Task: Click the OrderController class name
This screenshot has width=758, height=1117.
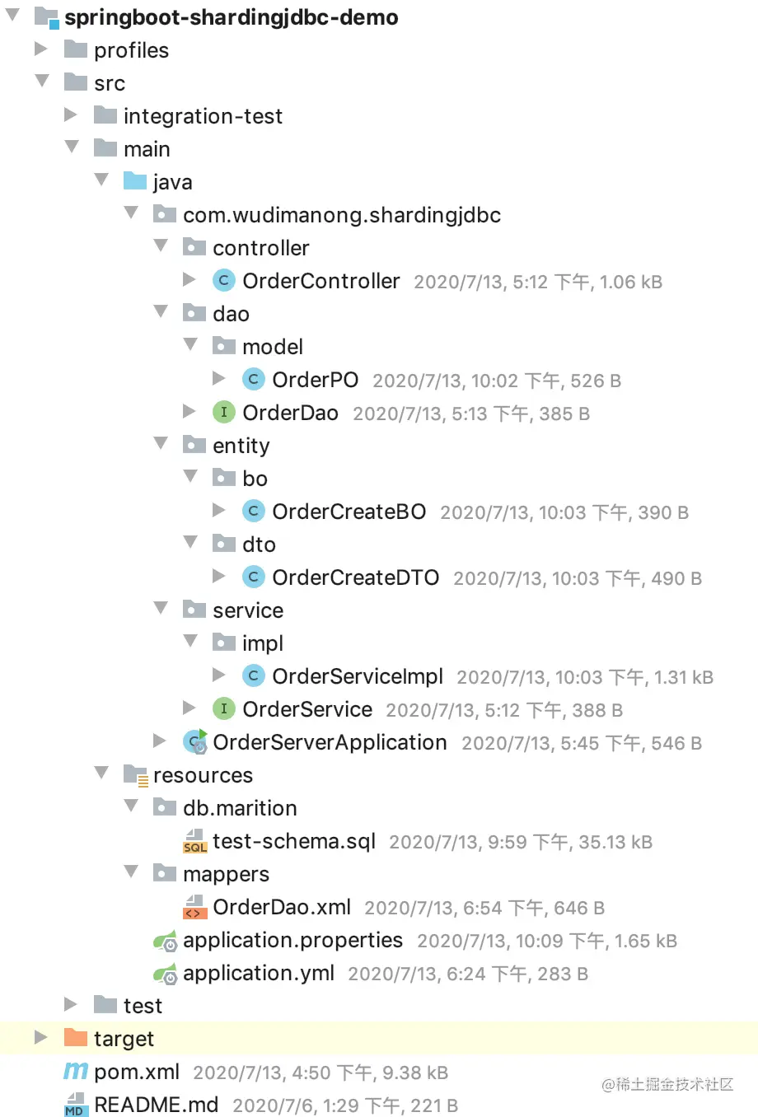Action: tap(321, 281)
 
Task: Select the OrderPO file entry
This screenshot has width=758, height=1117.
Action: tap(315, 380)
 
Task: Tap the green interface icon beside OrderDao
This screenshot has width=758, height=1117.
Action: tap(223, 412)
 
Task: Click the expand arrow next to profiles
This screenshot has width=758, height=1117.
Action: tap(41, 49)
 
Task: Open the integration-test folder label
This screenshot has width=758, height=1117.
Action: tap(203, 116)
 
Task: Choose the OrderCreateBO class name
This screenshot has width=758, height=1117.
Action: tap(349, 512)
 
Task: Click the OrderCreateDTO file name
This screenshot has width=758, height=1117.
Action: tap(355, 577)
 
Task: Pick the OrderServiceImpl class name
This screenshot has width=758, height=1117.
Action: tap(358, 676)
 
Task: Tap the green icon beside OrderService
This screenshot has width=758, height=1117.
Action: tap(223, 708)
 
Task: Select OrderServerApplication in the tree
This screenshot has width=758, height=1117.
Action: tap(330, 742)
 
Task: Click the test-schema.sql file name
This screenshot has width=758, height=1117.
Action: tap(293, 841)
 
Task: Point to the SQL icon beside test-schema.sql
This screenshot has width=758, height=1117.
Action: tap(194, 841)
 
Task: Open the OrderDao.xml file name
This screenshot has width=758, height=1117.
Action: tap(282, 907)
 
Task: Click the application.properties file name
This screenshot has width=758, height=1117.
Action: tap(292, 940)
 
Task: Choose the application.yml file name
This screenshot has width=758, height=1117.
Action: tap(258, 973)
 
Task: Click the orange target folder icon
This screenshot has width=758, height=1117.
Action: tap(75, 1038)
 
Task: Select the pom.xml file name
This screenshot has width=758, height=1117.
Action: tap(137, 1072)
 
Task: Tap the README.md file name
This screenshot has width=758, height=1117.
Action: tap(157, 1105)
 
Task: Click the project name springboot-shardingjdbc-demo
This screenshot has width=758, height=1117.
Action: tap(232, 17)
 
